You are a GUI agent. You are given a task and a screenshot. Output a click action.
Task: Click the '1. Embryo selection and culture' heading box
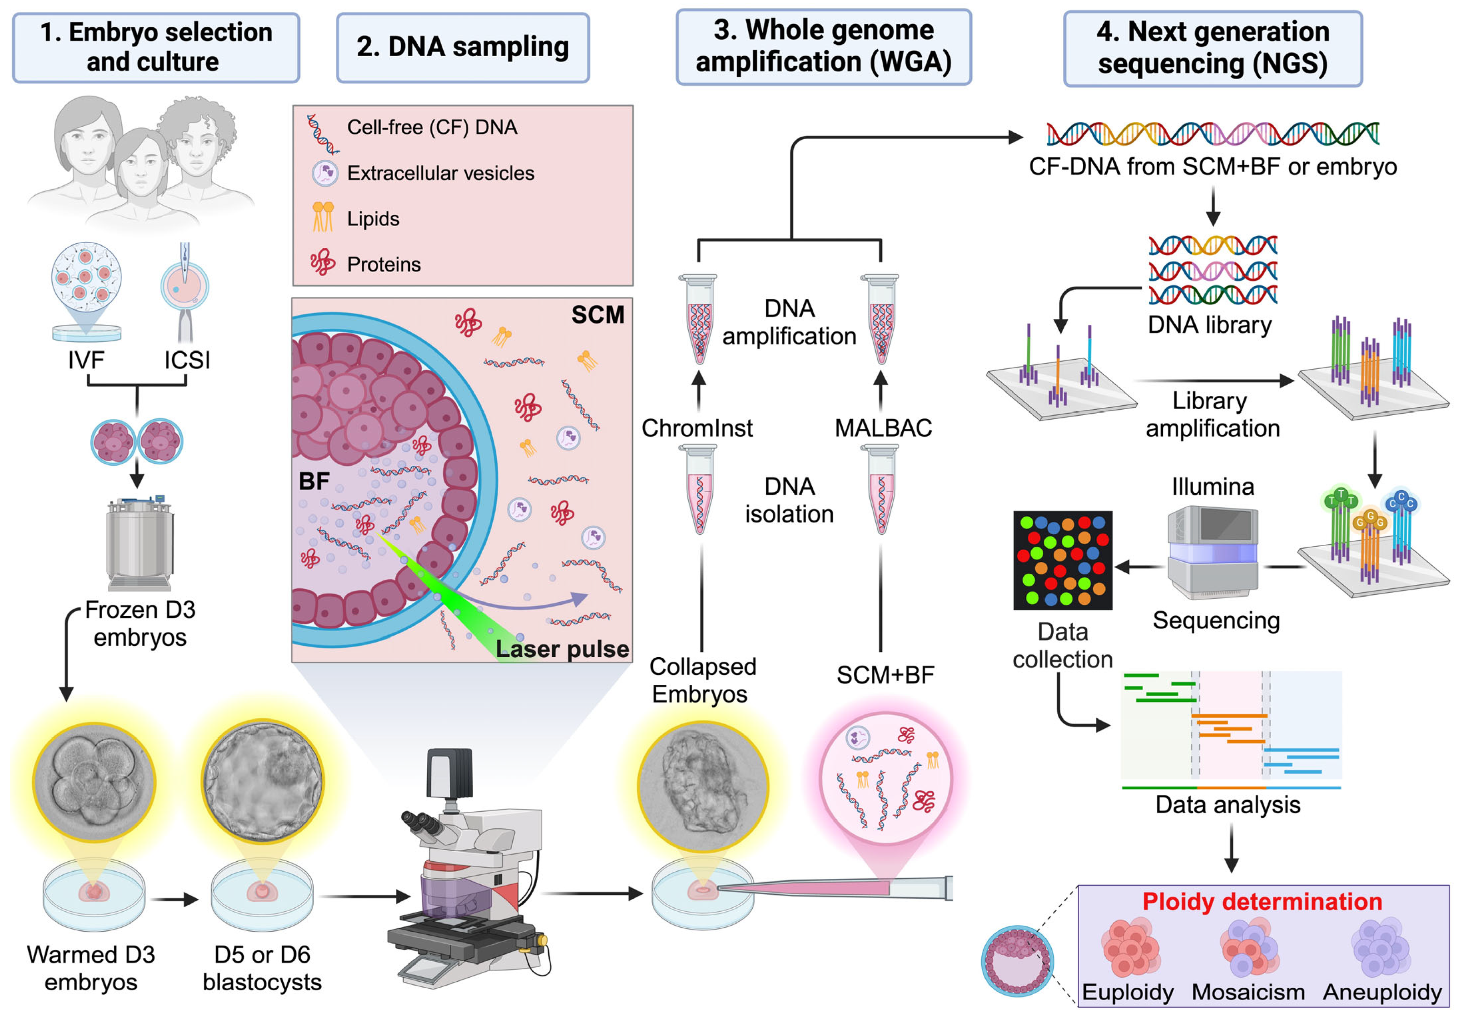click(156, 48)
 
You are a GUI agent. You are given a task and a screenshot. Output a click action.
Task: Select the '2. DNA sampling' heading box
click(463, 48)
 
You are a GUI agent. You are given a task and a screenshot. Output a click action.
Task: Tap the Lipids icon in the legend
click(323, 217)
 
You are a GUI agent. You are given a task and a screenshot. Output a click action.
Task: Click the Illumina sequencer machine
click(1213, 552)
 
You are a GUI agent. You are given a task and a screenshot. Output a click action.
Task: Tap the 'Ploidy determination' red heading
click(1262, 901)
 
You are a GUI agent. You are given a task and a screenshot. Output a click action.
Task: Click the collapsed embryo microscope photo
click(703, 786)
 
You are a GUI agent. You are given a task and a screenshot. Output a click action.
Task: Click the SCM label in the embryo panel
click(597, 315)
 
